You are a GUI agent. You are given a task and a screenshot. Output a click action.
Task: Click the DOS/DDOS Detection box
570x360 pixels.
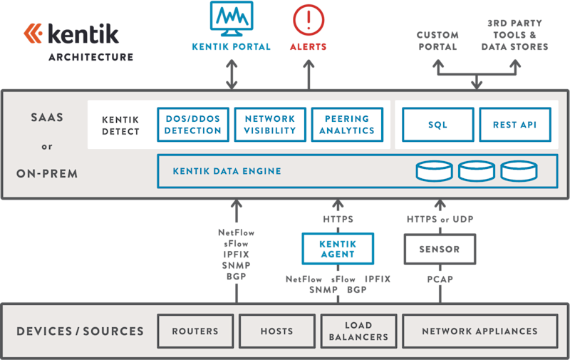tap(193, 125)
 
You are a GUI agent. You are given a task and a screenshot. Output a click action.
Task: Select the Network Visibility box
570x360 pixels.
tap(270, 125)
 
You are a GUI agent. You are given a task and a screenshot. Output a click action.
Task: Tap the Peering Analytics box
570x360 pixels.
tap(347, 125)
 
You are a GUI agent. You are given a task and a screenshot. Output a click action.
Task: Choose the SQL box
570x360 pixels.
tap(437, 125)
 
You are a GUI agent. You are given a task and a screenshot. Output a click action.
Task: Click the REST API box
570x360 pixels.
tap(514, 125)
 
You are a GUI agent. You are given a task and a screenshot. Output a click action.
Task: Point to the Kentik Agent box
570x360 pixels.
tap(338, 249)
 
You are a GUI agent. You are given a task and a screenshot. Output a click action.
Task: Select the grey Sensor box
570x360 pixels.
tap(439, 250)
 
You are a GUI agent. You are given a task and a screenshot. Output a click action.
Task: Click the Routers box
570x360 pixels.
tap(195, 331)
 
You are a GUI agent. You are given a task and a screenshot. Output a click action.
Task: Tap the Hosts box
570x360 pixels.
tap(276, 331)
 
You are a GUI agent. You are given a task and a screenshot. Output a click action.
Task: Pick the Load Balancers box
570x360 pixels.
tap(357, 331)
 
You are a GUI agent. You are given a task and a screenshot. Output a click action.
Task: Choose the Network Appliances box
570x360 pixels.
tap(480, 331)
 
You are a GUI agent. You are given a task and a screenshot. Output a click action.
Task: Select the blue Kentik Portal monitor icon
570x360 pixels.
tap(232, 19)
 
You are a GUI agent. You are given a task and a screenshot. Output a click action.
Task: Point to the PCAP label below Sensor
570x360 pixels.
tap(439, 279)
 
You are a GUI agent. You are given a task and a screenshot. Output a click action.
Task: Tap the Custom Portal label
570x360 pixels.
tap(437, 41)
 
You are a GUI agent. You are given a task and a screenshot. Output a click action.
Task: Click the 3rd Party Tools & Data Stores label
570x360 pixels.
tap(514, 35)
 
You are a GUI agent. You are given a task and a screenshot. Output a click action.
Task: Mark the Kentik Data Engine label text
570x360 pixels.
tap(227, 171)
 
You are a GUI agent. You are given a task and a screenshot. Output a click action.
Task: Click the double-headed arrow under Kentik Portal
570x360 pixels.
tap(232, 73)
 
